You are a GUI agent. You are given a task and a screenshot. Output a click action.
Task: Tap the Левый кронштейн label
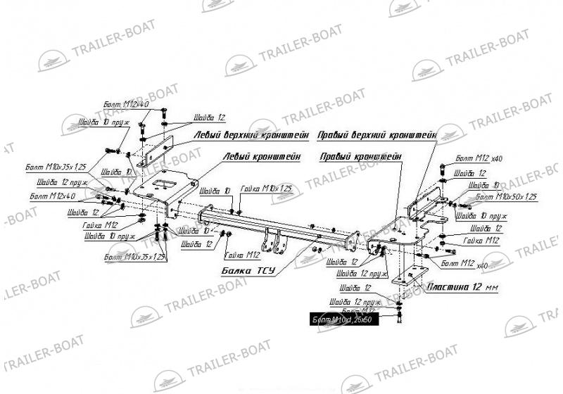tap(262, 156)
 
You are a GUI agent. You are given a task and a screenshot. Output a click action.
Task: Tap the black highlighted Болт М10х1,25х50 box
tap(346, 321)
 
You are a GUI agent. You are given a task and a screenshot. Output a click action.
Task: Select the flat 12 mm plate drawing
tap(412, 274)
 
